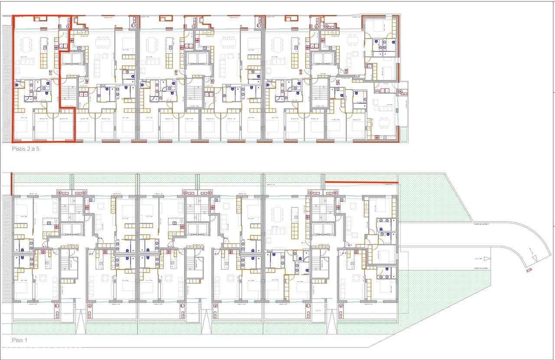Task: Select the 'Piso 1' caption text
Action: (20, 340)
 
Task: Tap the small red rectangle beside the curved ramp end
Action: (529, 270)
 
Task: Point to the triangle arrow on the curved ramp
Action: (531, 250)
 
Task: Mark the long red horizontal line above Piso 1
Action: (361, 182)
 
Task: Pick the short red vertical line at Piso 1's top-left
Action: (12, 184)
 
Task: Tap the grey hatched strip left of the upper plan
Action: (7, 82)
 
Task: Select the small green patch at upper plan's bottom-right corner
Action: (404, 135)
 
